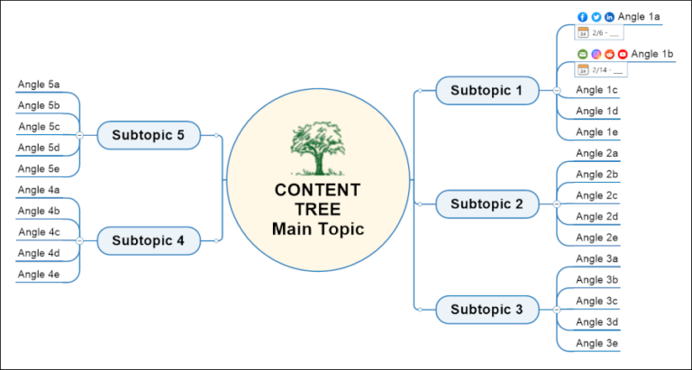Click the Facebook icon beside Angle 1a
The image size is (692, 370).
582,17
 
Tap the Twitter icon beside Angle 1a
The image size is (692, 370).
596,17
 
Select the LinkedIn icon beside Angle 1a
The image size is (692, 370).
609,17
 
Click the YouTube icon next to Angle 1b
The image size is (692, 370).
623,54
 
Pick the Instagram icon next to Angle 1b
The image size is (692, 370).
596,54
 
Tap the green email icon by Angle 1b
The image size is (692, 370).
582,54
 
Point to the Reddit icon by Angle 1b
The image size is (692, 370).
609,54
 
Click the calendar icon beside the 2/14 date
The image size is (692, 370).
583,69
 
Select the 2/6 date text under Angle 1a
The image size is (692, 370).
598,32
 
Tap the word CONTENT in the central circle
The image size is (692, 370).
317,190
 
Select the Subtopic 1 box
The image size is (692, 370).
487,90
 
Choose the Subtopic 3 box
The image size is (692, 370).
487,310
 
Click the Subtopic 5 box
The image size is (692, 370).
148,135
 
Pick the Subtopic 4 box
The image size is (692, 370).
148,241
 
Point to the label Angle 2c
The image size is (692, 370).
596,195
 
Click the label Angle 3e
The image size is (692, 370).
596,343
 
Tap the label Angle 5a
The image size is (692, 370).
39,85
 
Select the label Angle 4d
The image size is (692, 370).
39,253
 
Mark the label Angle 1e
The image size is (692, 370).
596,131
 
